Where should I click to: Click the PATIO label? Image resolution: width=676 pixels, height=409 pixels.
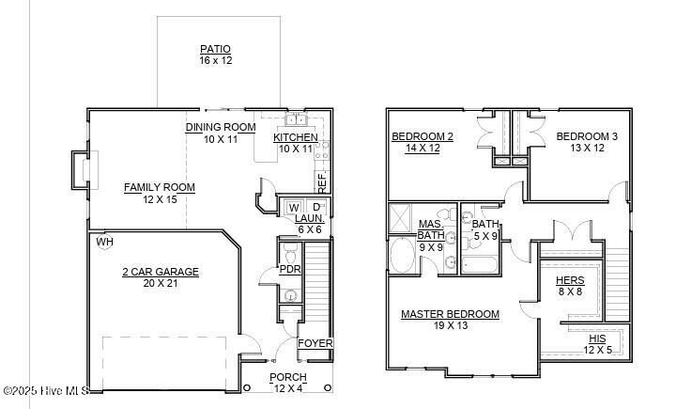click(x=215, y=49)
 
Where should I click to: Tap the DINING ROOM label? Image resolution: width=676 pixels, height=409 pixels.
click(x=221, y=127)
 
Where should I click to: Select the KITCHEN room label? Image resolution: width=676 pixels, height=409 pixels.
click(x=296, y=138)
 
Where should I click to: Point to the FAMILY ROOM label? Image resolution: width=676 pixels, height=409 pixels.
click(x=160, y=187)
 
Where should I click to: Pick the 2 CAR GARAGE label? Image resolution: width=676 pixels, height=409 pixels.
click(x=160, y=272)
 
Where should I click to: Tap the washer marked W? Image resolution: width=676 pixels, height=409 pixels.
click(x=294, y=207)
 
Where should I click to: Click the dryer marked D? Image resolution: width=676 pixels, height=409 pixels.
click(x=316, y=207)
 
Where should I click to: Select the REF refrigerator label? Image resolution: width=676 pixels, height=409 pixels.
click(x=321, y=178)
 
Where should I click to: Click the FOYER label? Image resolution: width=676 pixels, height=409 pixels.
click(x=315, y=343)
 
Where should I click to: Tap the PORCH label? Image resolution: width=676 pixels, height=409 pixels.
click(x=288, y=377)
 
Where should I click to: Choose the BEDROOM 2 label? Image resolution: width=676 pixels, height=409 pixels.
click(x=422, y=136)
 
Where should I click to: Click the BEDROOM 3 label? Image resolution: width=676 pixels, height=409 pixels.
click(x=587, y=136)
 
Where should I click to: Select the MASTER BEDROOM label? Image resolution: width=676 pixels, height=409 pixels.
click(x=450, y=314)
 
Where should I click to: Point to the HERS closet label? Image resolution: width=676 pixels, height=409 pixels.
click(x=571, y=280)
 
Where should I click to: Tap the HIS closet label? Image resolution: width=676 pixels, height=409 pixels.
click(x=597, y=338)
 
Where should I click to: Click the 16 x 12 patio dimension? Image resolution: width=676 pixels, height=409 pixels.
click(x=215, y=60)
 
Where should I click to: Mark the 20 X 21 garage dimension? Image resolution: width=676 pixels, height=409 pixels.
click(x=160, y=283)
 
